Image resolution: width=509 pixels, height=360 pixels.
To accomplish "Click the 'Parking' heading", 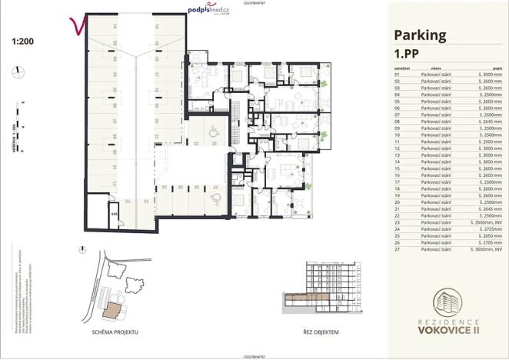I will [x=420, y=35].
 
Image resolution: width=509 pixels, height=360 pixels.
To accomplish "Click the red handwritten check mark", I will [x=76, y=28].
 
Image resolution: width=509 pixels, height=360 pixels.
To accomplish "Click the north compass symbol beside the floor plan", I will [x=16, y=72].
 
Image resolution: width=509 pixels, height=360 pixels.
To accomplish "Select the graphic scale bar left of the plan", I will [x=16, y=127].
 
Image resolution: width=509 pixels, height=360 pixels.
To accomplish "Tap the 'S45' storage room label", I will [x=114, y=214].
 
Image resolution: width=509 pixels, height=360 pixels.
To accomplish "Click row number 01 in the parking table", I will [x=397, y=75].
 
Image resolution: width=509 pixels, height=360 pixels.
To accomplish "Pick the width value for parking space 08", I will [x=490, y=121].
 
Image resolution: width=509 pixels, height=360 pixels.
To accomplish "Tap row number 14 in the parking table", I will [x=397, y=162].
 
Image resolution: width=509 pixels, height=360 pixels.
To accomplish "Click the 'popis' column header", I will [x=497, y=68].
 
